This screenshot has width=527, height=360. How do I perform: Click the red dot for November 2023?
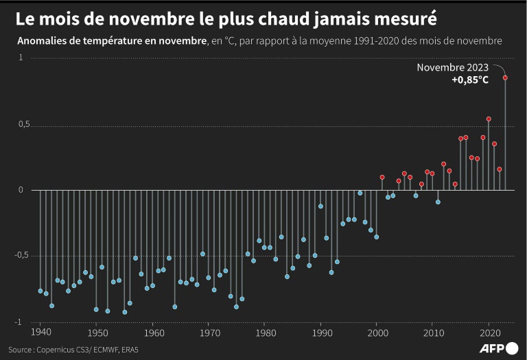pyautogui.click(x=505, y=77)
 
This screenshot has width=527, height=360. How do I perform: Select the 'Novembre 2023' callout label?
pyautogui.click(x=453, y=67)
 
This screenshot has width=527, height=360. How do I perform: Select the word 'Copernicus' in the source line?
pyautogui.click(x=66, y=348)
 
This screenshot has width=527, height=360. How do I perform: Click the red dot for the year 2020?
pyautogui.click(x=489, y=119)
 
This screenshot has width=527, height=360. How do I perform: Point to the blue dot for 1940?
pyautogui.click(x=40, y=291)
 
